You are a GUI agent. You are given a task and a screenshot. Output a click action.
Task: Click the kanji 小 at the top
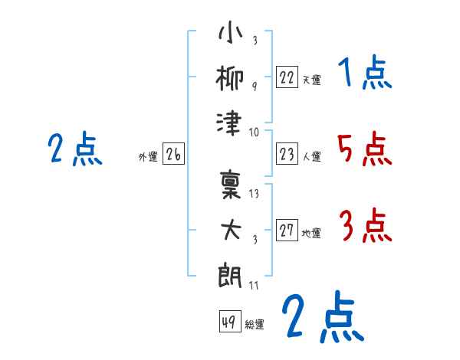click(231, 31)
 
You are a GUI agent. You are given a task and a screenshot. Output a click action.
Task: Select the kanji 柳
click(229, 78)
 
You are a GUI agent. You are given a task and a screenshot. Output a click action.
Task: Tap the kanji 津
click(229, 123)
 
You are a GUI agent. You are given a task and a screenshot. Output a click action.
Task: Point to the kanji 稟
click(231, 185)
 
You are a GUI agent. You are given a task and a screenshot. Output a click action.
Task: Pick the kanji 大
click(232, 230)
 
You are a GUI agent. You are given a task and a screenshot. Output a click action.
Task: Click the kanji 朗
click(230, 275)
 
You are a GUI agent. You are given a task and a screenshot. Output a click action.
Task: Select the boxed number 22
click(287, 77)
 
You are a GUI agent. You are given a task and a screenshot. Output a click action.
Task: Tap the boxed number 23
click(287, 154)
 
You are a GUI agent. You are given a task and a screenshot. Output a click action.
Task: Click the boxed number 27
click(287, 230)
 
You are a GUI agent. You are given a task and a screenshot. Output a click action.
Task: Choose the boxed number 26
click(173, 154)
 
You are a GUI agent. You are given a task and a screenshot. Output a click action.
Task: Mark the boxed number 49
click(230, 321)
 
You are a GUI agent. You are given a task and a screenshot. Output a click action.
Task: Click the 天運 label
click(311, 80)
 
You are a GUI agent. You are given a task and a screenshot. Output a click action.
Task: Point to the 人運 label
click(311, 156)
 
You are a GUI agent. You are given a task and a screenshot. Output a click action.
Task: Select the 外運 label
click(148, 157)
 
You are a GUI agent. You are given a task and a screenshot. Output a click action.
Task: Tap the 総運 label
click(255, 324)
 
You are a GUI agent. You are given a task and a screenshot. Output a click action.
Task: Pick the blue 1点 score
click(365, 72)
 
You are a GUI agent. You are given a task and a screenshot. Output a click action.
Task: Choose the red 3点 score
click(366, 225)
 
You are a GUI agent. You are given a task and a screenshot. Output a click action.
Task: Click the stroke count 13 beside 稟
click(254, 194)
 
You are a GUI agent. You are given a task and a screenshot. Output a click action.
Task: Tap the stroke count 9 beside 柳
click(255, 86)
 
